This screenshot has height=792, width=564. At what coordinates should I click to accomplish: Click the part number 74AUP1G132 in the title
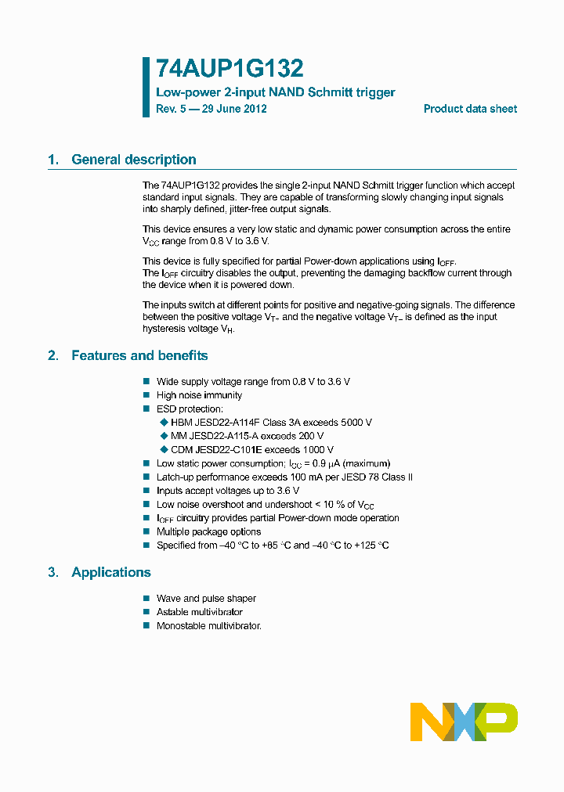pyautogui.click(x=230, y=69)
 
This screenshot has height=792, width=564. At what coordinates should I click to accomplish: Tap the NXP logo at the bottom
pyautogui.click(x=464, y=721)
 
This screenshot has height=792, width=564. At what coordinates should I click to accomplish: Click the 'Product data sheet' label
pyautogui.click(x=470, y=109)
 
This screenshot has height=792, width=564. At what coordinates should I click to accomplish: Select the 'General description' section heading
pyautogui.click(x=133, y=160)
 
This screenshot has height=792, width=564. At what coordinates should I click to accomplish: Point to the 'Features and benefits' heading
pyautogui.click(x=139, y=355)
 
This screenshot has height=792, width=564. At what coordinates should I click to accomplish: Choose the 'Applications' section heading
pyautogui.click(x=110, y=572)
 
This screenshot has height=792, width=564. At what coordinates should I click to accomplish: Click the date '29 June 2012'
pyautogui.click(x=234, y=109)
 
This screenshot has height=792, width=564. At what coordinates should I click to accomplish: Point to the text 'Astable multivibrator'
pyautogui.click(x=200, y=612)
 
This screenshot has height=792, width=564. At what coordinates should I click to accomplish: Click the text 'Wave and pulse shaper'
pyautogui.click(x=206, y=599)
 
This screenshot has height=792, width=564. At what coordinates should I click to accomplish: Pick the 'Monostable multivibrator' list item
pyautogui.click(x=208, y=626)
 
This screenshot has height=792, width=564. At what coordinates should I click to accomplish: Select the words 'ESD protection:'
pyautogui.click(x=190, y=409)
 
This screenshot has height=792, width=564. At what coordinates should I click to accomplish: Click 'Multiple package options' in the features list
pyautogui.click(x=208, y=531)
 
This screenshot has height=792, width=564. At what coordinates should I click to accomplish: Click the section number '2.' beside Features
pyautogui.click(x=53, y=355)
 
